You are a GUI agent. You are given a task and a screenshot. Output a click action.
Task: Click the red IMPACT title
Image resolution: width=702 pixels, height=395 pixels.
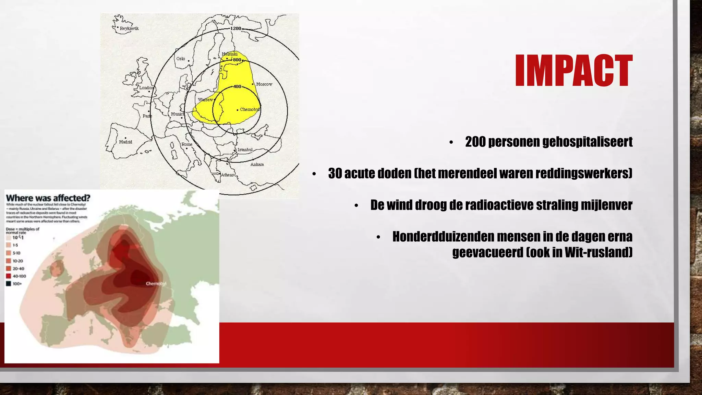573,71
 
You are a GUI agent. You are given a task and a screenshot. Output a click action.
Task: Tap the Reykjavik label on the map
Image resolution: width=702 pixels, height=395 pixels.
129,28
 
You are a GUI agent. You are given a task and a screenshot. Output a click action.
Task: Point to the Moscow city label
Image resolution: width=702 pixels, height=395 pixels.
264,84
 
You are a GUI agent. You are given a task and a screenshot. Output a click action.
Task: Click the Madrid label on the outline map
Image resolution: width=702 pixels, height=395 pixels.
125,142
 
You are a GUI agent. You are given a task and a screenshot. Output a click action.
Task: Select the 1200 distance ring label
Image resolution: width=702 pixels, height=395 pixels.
235,28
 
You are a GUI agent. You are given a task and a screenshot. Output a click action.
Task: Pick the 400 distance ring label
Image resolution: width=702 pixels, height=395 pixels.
237,87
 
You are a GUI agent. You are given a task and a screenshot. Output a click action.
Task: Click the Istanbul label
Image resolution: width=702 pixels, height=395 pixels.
245,150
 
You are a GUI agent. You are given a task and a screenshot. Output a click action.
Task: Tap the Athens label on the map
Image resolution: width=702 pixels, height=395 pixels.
227,175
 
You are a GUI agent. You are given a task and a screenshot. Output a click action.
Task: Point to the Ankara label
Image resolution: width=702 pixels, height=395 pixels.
257,165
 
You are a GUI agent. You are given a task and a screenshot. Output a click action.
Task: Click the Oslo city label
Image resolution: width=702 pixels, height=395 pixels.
181,59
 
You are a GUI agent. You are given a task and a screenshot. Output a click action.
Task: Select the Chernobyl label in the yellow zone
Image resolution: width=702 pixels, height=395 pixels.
250,109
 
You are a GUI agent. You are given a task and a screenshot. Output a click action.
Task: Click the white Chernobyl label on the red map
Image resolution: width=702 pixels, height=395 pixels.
156,284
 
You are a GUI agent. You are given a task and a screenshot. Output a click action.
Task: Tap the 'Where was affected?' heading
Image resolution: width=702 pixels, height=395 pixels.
48,198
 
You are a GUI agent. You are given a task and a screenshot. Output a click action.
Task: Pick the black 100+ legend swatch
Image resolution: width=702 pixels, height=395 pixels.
9,284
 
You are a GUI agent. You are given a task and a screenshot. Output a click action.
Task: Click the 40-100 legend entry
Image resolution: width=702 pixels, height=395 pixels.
19,276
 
